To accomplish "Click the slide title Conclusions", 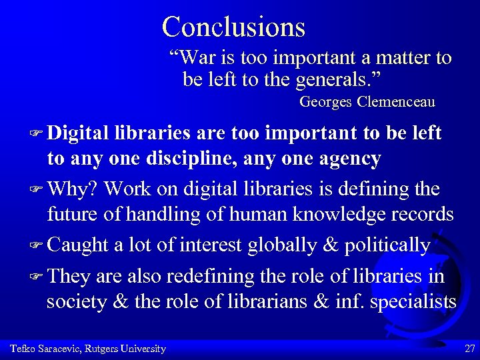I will [233, 27].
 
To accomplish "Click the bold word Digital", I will [78, 133].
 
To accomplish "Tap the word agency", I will [347, 160].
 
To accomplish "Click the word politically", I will [387, 245].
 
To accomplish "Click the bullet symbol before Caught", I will [37, 245].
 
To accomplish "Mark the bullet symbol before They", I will [37, 275].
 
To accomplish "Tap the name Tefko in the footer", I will [22, 349].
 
